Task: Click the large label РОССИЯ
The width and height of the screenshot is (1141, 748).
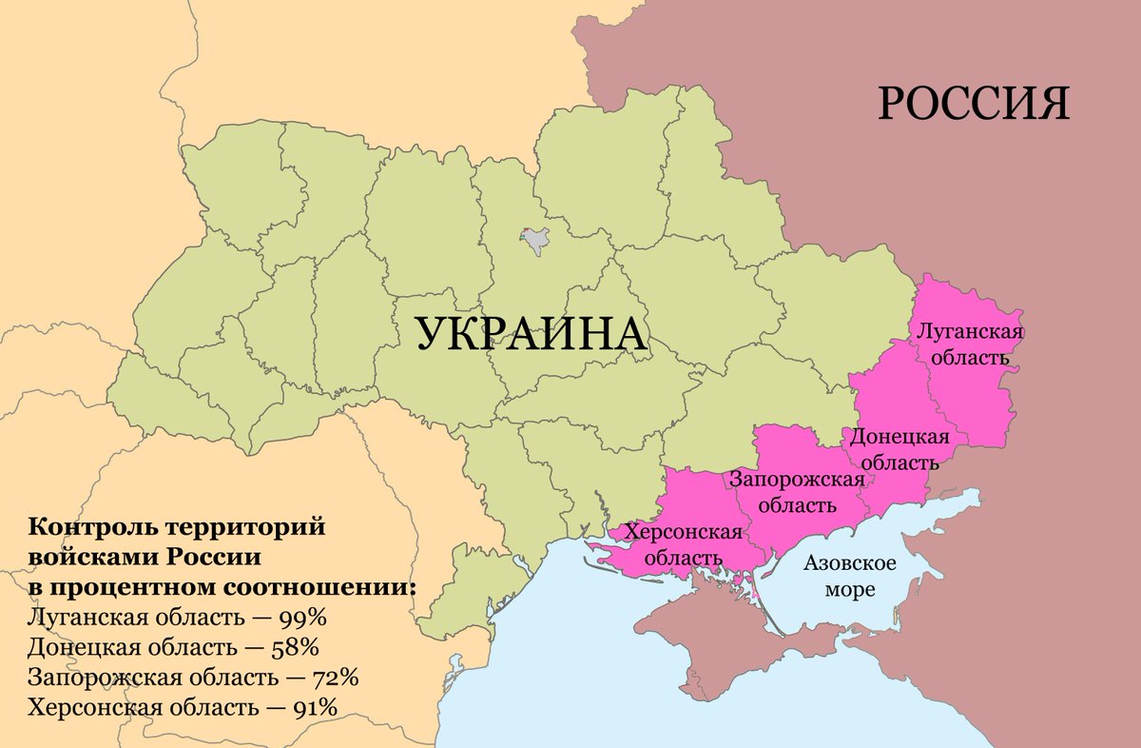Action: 973,103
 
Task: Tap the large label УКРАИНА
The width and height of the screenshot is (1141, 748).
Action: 531,335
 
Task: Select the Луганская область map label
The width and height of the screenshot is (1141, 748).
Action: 969,344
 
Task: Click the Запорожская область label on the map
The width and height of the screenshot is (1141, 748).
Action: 798,491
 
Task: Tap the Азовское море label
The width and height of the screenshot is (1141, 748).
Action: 850,576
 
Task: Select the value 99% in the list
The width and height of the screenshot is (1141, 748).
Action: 303,617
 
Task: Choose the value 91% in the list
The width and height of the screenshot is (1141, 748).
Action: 314,708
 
